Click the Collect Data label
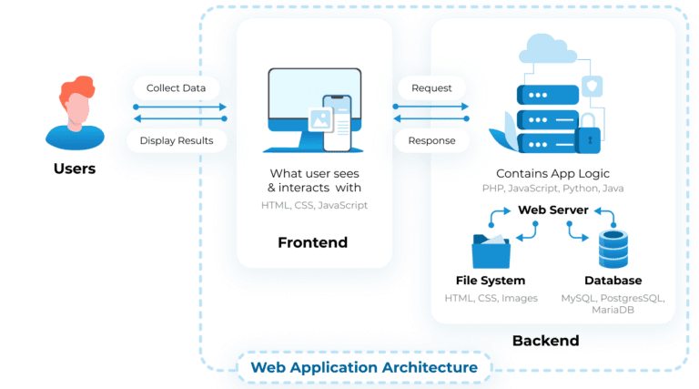[177, 88]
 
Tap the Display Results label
[177, 140]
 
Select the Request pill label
[431, 88]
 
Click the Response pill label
[431, 141]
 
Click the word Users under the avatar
[75, 169]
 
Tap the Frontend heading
[312, 242]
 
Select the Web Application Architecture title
[364, 367]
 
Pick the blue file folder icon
[491, 250]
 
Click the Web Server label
[552, 210]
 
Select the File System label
[491, 281]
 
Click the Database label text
[613, 281]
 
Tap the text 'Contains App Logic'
[552, 173]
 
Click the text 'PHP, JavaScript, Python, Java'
[552, 188]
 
